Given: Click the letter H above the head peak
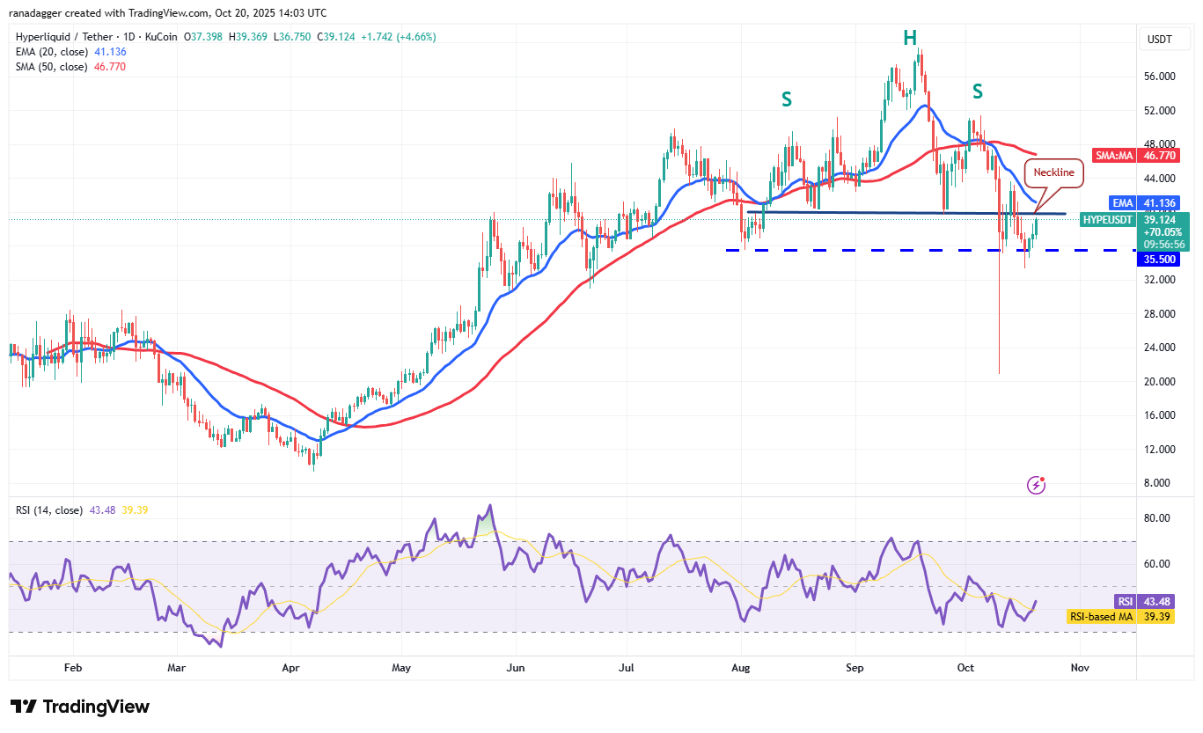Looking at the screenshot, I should [909, 38].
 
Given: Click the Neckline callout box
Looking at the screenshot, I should [1053, 172].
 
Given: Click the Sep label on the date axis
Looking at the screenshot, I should [855, 668].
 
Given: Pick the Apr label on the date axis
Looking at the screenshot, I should [290, 668].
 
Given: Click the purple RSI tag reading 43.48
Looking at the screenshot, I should [1123, 601].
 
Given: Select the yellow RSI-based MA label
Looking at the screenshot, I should [1100, 617].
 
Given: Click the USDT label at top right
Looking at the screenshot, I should [1158, 39].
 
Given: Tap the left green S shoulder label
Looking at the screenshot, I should [786, 99].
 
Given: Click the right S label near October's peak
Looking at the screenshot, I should [977, 91].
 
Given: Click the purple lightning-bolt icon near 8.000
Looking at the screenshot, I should [1037, 485].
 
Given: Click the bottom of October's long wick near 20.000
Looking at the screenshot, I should [999, 373].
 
